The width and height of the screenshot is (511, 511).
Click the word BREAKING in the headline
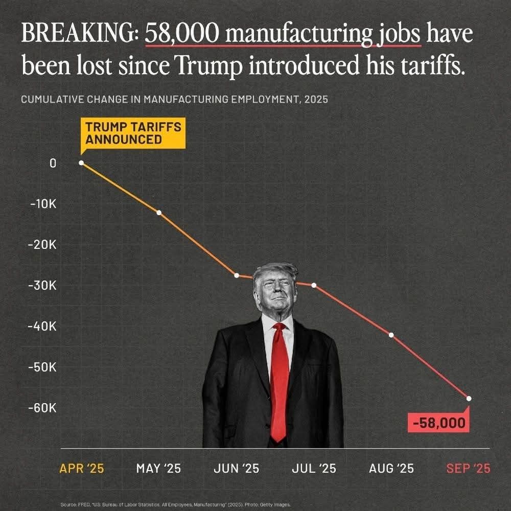(x=78, y=34)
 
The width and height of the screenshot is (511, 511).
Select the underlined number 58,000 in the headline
(x=182, y=34)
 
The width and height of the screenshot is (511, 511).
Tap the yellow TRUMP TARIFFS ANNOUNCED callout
(x=133, y=133)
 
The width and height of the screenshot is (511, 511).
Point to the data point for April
(x=82, y=163)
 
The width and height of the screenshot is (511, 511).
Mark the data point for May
(x=159, y=213)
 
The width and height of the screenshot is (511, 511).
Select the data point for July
(x=314, y=285)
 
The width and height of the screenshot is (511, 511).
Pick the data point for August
(x=391, y=335)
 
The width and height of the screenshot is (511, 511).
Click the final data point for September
(x=469, y=399)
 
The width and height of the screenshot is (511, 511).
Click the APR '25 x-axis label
(x=82, y=468)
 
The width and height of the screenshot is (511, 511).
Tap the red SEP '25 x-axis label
(x=468, y=468)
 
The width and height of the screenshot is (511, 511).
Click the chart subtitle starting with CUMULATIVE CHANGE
(x=174, y=99)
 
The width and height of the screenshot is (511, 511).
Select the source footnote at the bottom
(x=175, y=504)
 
